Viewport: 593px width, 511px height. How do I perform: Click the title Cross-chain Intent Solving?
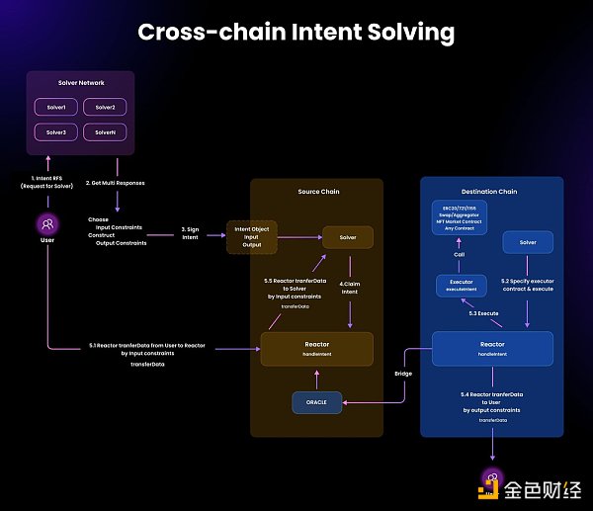tap(296, 32)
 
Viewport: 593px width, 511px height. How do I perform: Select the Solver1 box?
tap(55, 107)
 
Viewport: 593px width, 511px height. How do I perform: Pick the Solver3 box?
tap(55, 132)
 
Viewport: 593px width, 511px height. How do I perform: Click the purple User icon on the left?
tap(46, 224)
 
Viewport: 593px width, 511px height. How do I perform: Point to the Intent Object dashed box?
tap(252, 237)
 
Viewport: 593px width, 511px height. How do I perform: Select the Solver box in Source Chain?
tap(348, 237)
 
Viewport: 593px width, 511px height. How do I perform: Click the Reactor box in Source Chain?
tap(316, 348)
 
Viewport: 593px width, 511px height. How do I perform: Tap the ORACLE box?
tap(316, 402)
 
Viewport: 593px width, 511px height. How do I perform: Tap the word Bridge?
tap(403, 375)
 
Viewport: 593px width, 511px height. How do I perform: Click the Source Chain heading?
tap(318, 192)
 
